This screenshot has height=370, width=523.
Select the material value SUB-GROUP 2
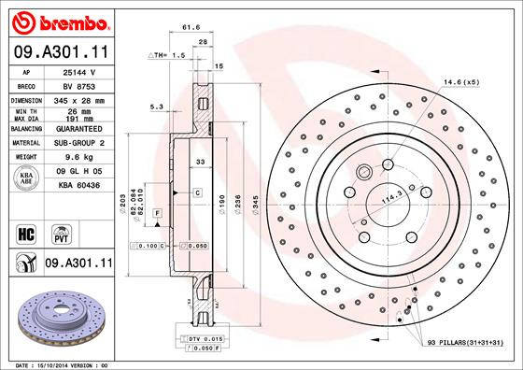(75, 143)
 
